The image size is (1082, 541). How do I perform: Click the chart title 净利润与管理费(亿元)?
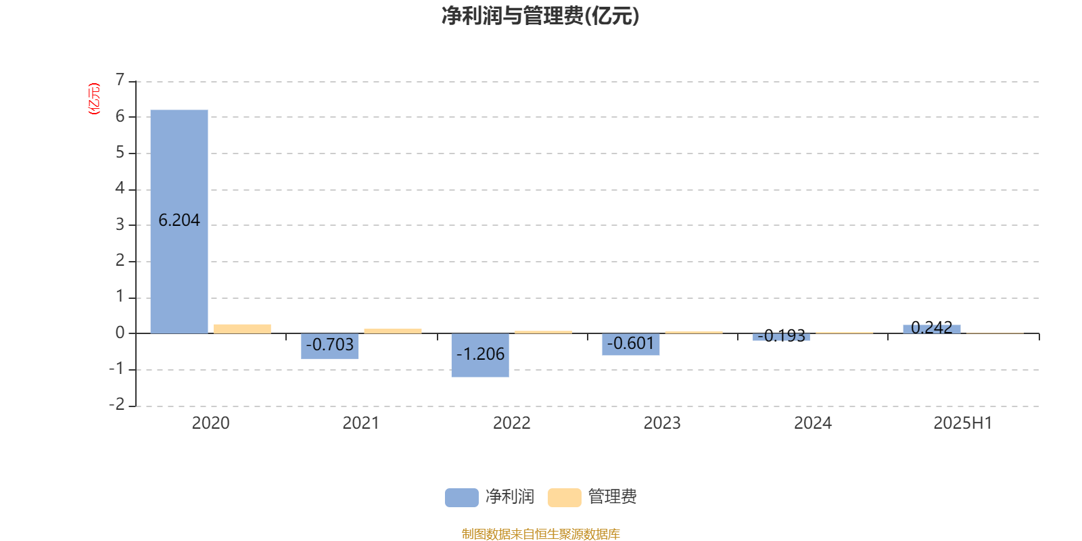(x=540, y=16)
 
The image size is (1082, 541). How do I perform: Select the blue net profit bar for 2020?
(x=179, y=221)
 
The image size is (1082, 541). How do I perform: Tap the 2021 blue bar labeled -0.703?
(x=330, y=346)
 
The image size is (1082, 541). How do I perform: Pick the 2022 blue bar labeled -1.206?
(x=480, y=355)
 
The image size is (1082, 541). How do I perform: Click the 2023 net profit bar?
(x=631, y=344)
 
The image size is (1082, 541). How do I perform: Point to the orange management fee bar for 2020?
(x=243, y=329)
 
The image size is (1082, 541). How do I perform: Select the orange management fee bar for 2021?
(x=393, y=331)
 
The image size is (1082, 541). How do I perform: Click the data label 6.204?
(x=179, y=220)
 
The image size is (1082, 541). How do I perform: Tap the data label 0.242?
(x=932, y=328)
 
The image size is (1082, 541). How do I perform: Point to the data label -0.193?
(x=782, y=335)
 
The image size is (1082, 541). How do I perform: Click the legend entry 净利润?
(x=490, y=497)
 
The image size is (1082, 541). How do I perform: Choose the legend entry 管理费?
(x=592, y=497)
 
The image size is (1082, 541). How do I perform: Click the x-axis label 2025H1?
(x=963, y=423)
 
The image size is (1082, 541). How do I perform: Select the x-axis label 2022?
(x=511, y=423)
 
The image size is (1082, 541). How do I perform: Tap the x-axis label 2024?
(x=813, y=423)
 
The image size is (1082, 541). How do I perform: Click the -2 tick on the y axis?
(x=117, y=404)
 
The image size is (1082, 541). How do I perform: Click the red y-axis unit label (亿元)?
(x=94, y=99)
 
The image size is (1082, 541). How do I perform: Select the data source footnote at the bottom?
(x=540, y=534)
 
